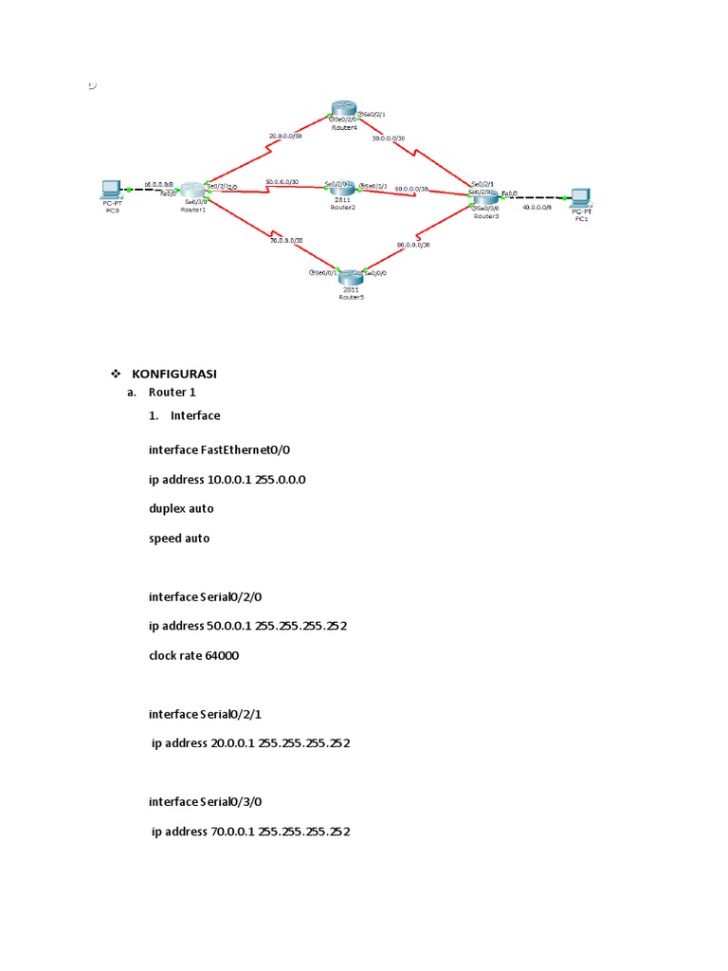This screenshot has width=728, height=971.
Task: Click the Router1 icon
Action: click(x=193, y=192)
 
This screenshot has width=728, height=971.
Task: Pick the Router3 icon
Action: click(x=484, y=197)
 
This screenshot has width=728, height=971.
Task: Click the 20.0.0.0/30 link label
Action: click(x=285, y=137)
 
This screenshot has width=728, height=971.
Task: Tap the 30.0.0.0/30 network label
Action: click(x=389, y=138)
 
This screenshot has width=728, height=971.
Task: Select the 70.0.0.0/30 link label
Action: click(x=285, y=241)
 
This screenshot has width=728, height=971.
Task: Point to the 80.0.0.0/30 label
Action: click(x=413, y=245)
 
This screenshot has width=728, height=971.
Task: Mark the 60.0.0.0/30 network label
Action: click(x=411, y=189)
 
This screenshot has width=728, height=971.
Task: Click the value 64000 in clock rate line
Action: click(x=219, y=654)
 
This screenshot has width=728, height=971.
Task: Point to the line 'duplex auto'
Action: click(x=181, y=508)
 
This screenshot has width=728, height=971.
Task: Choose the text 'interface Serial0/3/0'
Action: click(x=205, y=801)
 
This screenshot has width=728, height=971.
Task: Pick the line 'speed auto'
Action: click(x=179, y=538)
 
